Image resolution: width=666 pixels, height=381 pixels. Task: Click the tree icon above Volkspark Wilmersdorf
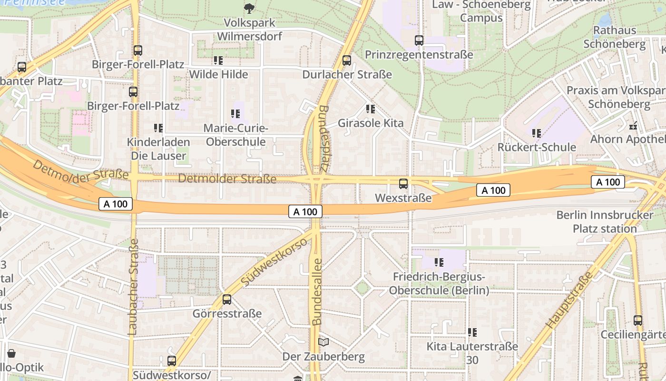point(249,8)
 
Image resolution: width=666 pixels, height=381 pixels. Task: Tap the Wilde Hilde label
point(218,74)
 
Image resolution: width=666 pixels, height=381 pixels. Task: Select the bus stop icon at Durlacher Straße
point(347,60)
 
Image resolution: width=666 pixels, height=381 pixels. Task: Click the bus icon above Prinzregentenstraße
point(419,40)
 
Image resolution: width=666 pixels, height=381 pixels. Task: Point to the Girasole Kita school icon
point(371,109)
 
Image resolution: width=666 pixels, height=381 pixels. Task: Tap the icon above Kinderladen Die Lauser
point(158,128)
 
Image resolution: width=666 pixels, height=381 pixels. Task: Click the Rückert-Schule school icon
point(537,133)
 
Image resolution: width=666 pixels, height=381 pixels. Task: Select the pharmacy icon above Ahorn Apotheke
point(633,126)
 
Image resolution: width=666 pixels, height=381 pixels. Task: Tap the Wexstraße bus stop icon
point(403,184)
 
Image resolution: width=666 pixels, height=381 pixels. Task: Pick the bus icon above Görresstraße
point(227,300)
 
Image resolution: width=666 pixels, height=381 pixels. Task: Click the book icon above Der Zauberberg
point(323,342)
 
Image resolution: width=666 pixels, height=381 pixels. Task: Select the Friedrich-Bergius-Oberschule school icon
point(439,262)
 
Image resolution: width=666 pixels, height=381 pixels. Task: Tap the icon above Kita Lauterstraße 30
point(472,332)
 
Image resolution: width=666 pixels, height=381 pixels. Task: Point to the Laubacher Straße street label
point(133,287)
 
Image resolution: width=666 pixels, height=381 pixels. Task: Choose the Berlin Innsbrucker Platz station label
point(605,221)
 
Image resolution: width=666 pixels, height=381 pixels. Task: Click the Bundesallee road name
point(317,291)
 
